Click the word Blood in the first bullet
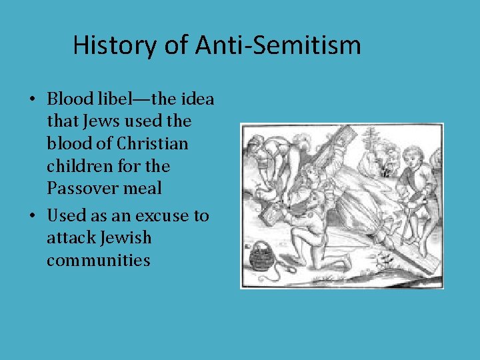click(69, 99)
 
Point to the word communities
click(98, 260)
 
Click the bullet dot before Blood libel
click(32, 100)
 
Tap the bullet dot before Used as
click(32, 217)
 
